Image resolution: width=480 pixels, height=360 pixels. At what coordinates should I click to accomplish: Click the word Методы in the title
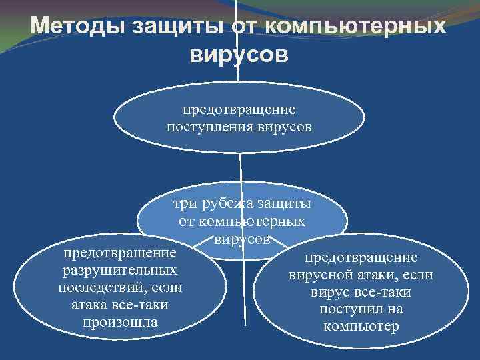(81, 27)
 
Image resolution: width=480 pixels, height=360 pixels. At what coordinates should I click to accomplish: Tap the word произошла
(120, 322)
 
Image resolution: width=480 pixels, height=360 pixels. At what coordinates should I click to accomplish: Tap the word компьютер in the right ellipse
(361, 327)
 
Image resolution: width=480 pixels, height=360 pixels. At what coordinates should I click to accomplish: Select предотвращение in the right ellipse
(361, 257)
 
